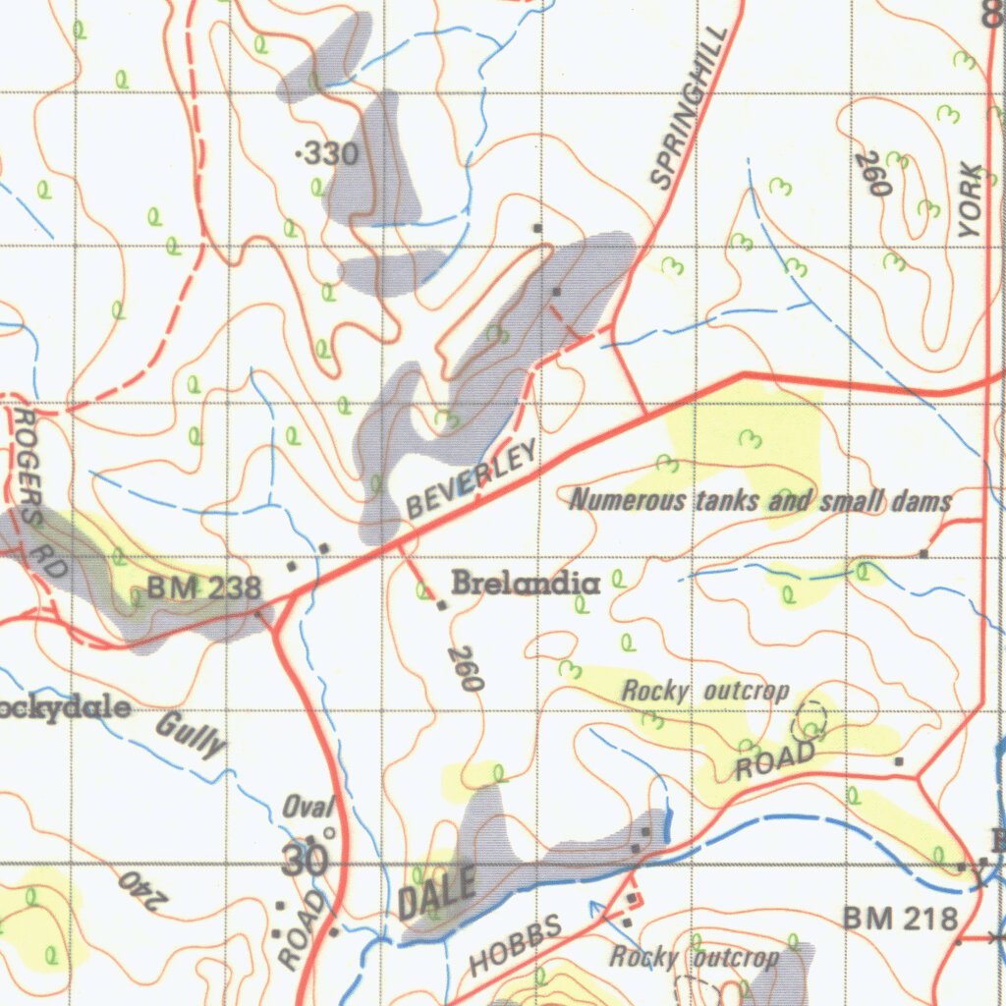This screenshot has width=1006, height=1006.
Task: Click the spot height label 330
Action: point(329,153)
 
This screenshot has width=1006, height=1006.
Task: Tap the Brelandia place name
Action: point(526,584)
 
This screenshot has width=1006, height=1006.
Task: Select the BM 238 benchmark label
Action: point(204,588)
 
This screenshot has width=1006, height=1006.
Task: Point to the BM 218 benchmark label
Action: point(899,920)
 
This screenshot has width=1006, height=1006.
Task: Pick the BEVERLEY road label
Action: point(473,479)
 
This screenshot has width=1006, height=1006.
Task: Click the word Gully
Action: point(190,735)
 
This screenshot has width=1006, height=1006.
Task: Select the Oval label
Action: point(307,808)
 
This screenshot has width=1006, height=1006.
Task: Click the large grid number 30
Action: point(304,862)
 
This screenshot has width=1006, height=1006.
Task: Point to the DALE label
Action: point(437,892)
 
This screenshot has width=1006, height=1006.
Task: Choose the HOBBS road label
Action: point(515,944)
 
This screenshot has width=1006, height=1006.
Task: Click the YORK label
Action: point(971,200)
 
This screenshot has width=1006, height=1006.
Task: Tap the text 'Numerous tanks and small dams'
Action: point(760,501)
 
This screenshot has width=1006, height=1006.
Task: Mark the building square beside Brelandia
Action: point(442,605)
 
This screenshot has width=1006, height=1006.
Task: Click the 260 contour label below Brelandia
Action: point(466,668)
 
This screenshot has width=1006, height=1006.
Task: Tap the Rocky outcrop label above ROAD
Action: point(704,691)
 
